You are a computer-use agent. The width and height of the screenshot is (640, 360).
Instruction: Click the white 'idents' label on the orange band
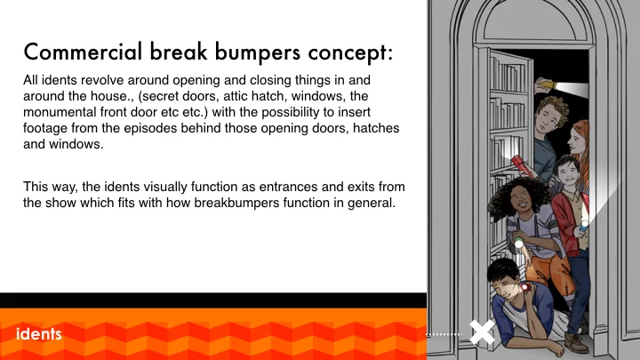click(38, 334)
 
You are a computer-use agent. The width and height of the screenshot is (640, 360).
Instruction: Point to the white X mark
click(482, 333)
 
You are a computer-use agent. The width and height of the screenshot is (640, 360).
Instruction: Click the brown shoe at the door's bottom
click(577, 341)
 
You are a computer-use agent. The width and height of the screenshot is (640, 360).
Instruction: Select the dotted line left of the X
click(446, 334)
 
